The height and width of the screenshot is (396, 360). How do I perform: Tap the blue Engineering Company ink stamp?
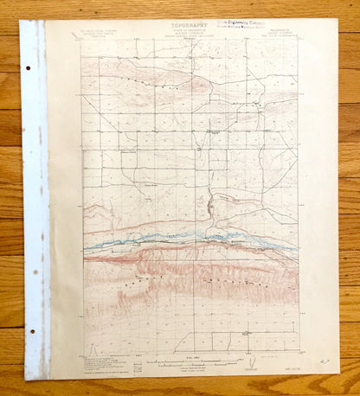(254, 28)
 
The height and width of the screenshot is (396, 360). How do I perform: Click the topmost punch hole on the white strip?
(28, 68)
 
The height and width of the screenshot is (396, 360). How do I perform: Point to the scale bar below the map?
(188, 360)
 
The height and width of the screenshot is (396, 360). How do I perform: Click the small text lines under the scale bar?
(189, 367)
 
